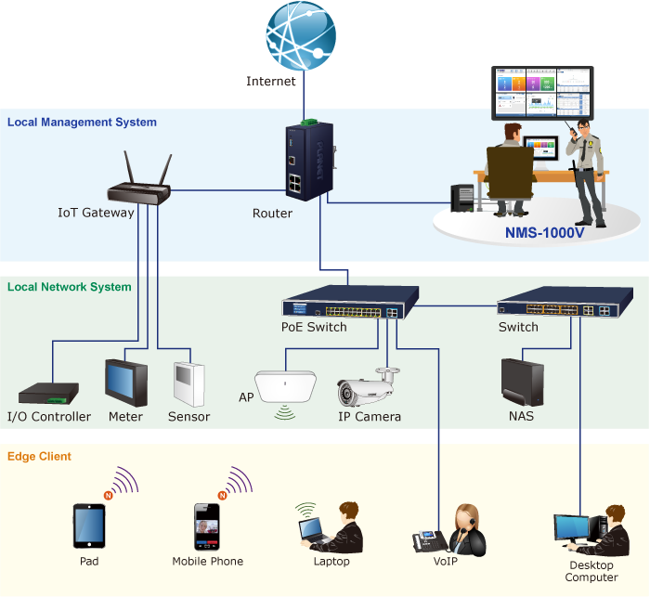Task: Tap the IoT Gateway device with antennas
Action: tap(140, 190)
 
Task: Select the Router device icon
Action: tap(306, 164)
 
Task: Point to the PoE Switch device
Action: tap(349, 306)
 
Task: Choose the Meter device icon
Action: tap(125, 382)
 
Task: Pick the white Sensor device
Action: tap(188, 383)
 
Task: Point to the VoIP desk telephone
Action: tap(430, 540)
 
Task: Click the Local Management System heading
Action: tap(82, 122)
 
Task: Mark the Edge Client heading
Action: tap(39, 456)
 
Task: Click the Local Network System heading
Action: tap(70, 287)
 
